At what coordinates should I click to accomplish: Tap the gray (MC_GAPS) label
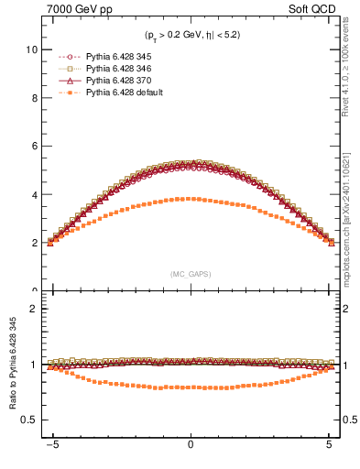(191, 274)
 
